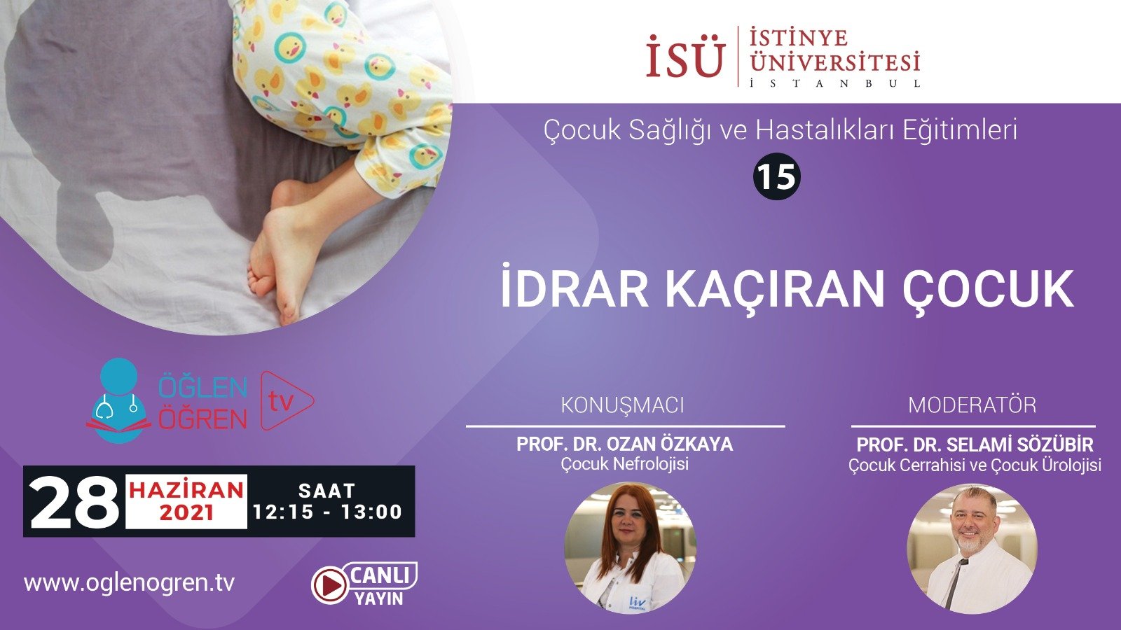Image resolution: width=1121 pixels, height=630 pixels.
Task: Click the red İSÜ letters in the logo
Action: pos(685,57)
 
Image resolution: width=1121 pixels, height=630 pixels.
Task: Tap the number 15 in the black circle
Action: pos(777,176)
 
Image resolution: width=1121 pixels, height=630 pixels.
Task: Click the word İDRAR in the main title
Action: pos(575,288)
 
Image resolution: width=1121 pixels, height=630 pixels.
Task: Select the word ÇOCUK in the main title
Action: pos(988,288)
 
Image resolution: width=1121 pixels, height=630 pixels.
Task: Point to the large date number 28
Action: pos(74,502)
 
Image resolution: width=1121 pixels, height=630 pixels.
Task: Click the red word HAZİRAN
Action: pos(186,489)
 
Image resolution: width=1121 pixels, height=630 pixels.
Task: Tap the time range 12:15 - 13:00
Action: pos(327,512)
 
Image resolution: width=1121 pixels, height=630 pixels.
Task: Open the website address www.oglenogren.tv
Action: pos(129,582)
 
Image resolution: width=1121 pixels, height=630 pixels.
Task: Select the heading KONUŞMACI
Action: pos(622,405)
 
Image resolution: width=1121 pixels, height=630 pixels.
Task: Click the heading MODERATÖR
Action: pos(972,405)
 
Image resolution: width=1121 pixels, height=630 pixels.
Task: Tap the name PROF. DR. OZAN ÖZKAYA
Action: pos(624,444)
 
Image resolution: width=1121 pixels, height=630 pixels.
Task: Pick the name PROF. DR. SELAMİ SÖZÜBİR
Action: pos(975,444)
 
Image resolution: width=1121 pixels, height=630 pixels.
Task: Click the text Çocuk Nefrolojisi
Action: pos(624,463)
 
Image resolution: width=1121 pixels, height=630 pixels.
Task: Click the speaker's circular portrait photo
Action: pos(630,547)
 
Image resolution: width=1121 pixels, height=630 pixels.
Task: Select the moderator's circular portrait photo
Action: pos(972,549)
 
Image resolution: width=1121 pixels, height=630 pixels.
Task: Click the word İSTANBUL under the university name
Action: pos(834,83)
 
